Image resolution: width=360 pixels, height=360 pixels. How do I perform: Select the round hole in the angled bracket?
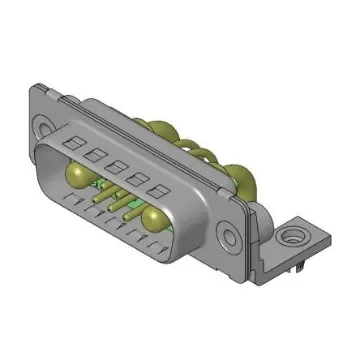(x=295, y=238)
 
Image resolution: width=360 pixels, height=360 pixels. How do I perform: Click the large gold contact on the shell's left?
(x=77, y=177)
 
